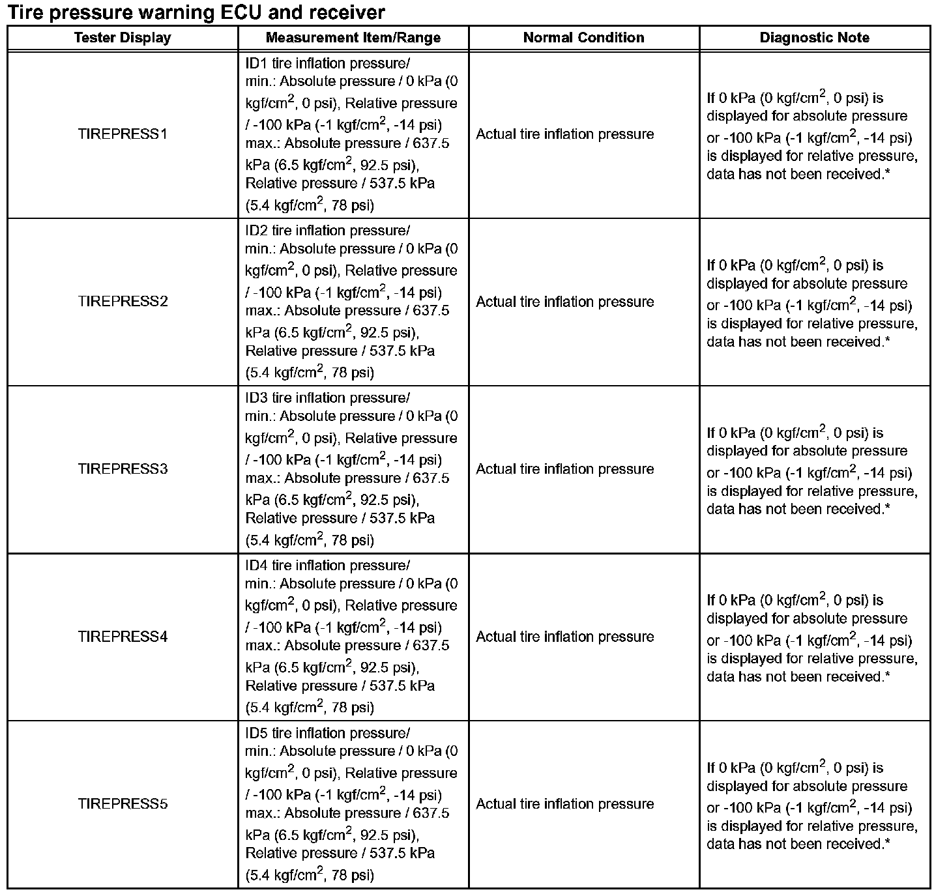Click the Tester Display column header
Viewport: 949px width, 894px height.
(x=123, y=38)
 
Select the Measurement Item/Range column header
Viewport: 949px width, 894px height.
(x=353, y=38)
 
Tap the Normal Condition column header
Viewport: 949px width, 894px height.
(x=583, y=38)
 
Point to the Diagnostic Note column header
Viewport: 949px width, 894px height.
(x=814, y=38)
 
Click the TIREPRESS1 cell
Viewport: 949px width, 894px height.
(x=123, y=134)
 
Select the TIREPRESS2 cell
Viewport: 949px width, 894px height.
(x=123, y=302)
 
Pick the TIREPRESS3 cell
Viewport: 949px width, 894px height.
(x=123, y=469)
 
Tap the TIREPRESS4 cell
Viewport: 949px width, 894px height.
(x=123, y=637)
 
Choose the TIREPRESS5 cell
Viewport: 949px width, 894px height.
(x=123, y=804)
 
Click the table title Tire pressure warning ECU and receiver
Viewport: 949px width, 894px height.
(x=196, y=12)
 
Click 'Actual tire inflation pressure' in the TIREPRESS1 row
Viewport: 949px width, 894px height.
(x=564, y=134)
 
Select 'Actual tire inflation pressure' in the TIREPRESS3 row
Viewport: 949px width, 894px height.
(x=564, y=469)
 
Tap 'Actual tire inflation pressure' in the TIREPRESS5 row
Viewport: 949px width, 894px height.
(x=564, y=804)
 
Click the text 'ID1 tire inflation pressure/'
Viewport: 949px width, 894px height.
(x=327, y=63)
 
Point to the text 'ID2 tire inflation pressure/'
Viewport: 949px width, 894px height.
(x=327, y=231)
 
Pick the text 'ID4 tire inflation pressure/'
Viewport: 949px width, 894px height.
(x=327, y=566)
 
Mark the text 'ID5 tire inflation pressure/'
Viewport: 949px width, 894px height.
(x=327, y=733)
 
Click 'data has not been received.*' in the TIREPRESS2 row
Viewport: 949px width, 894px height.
(x=798, y=342)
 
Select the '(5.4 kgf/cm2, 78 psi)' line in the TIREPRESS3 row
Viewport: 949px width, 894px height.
(x=310, y=540)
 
